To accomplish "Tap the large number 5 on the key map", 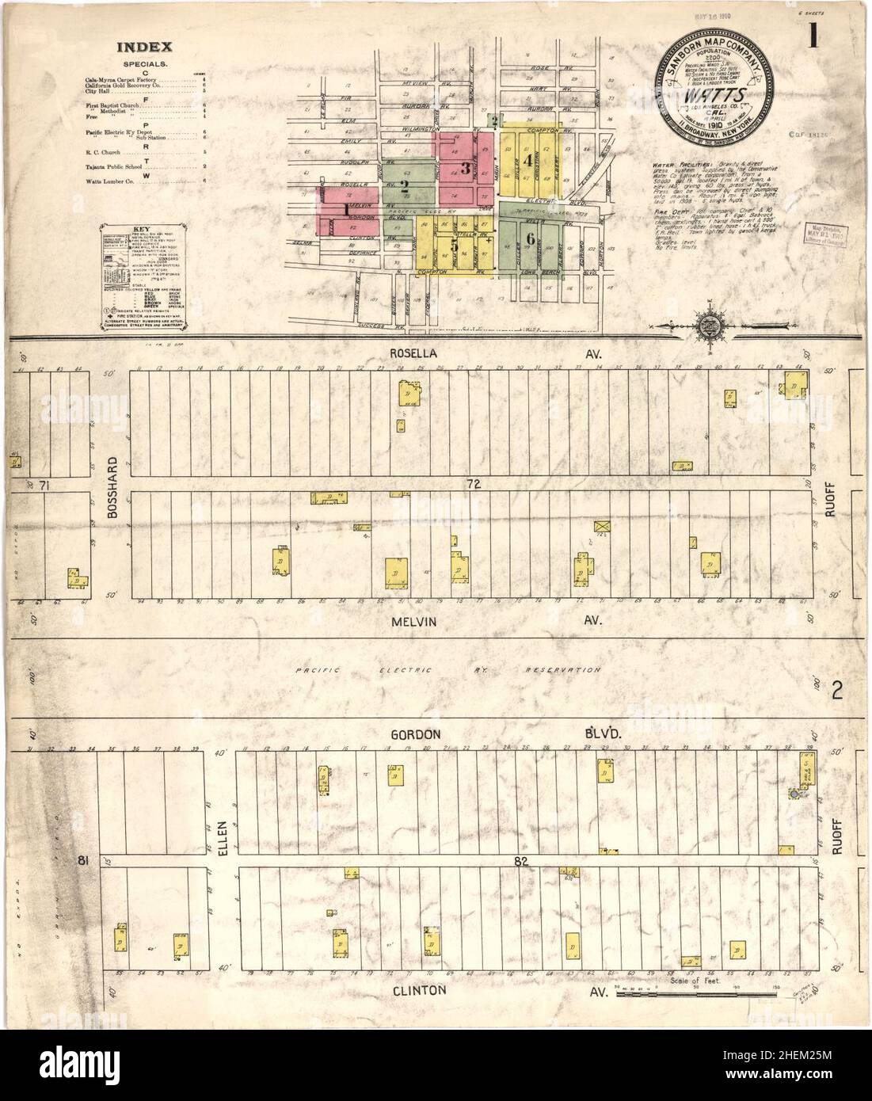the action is coord(453,246).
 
